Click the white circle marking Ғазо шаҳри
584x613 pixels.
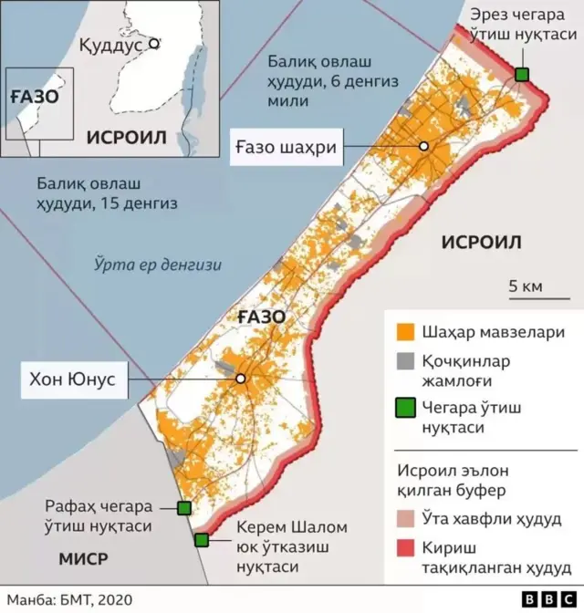(x=424, y=147)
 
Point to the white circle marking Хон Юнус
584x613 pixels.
(x=241, y=379)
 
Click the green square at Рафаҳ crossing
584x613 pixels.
(x=183, y=508)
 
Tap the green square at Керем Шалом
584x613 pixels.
(x=202, y=540)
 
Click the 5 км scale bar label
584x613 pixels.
(x=526, y=286)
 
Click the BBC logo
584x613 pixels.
(x=545, y=599)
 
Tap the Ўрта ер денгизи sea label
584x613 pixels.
(x=158, y=265)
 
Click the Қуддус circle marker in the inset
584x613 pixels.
(x=154, y=42)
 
